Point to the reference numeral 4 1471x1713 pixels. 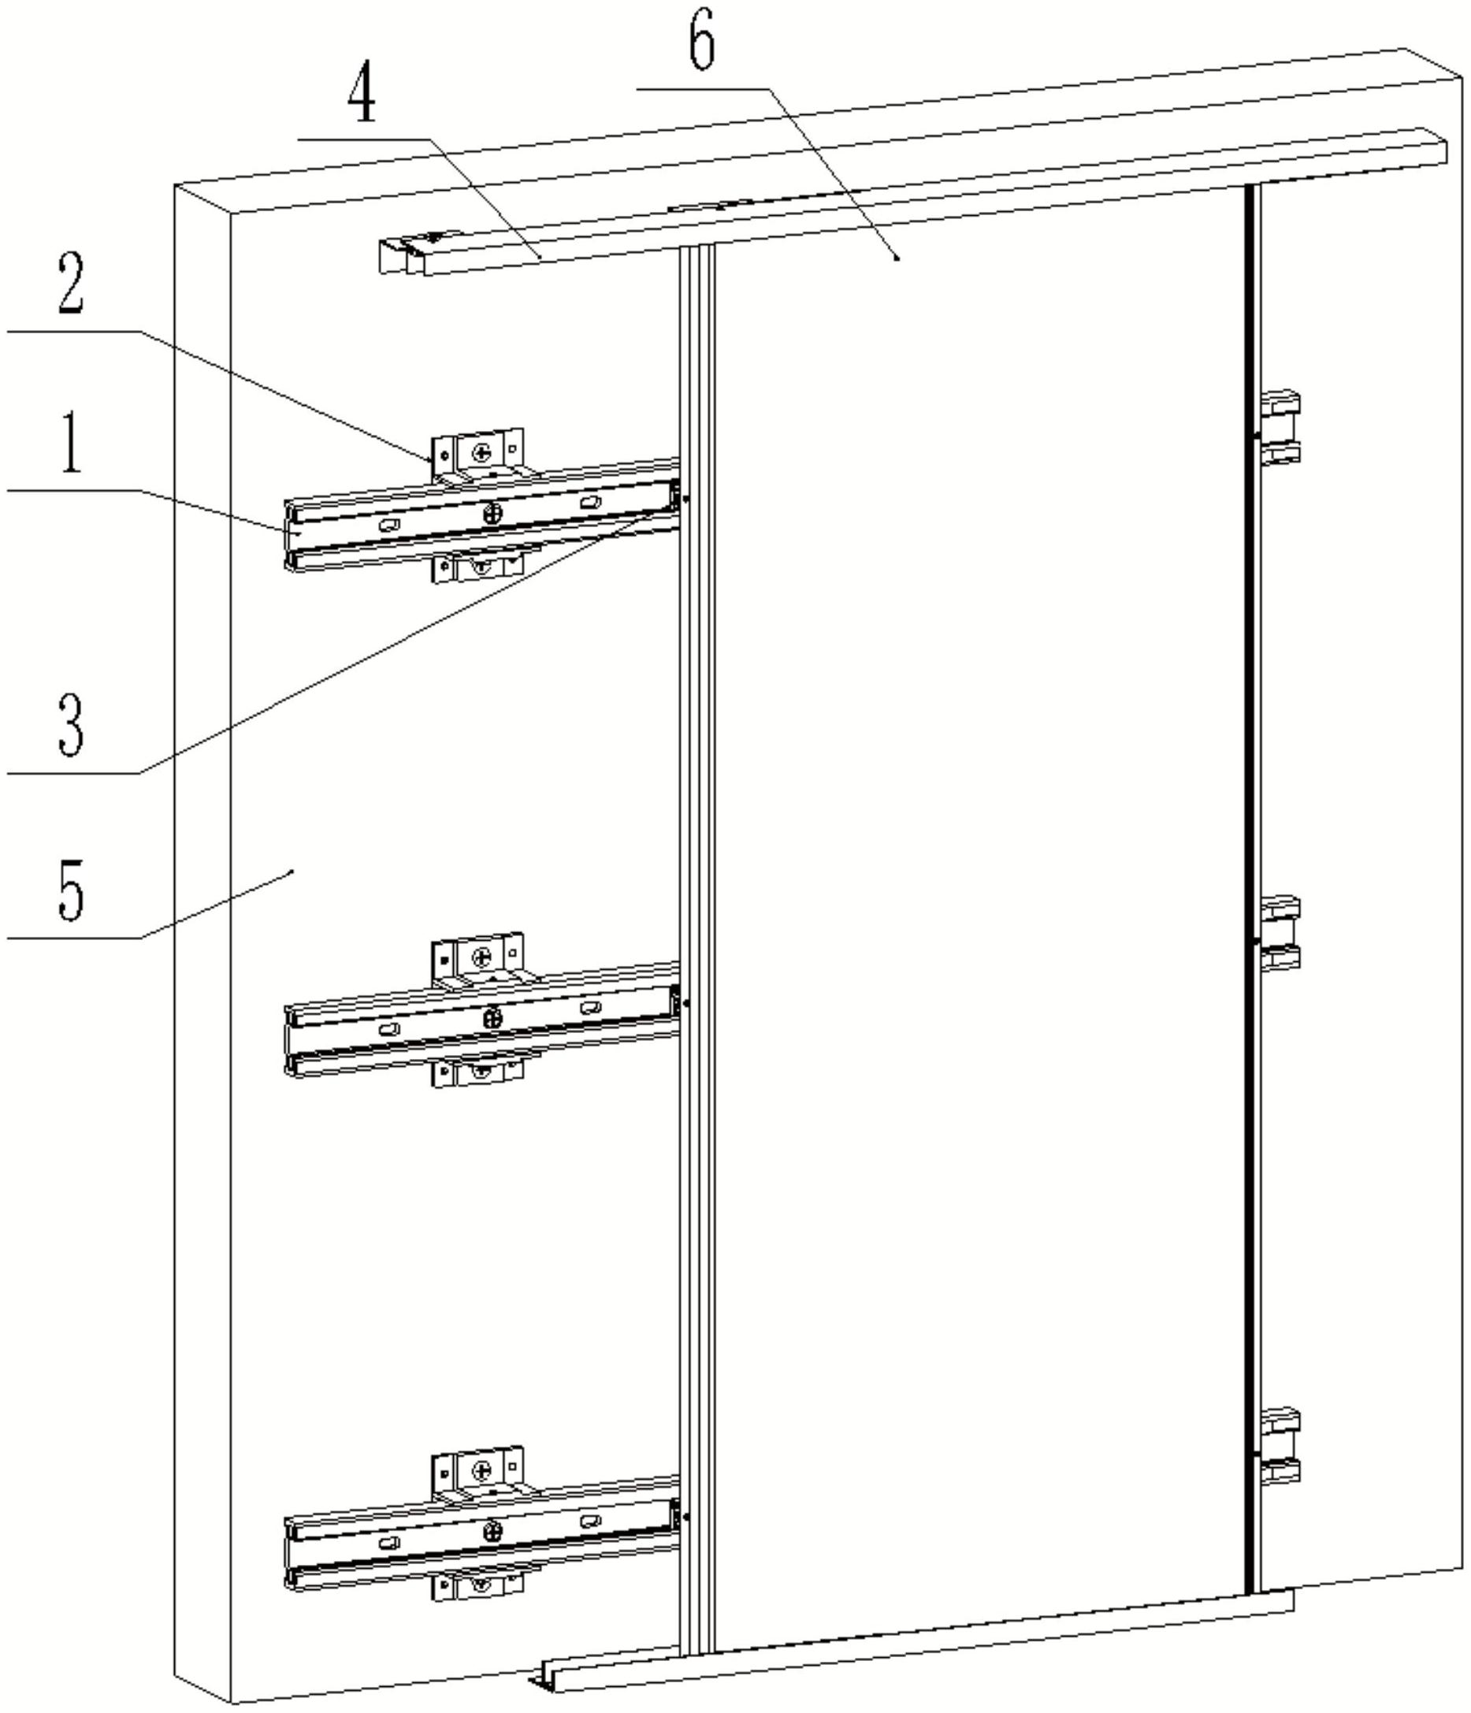point(362,98)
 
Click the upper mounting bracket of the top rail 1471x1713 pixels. point(478,455)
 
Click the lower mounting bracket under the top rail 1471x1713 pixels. point(478,566)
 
